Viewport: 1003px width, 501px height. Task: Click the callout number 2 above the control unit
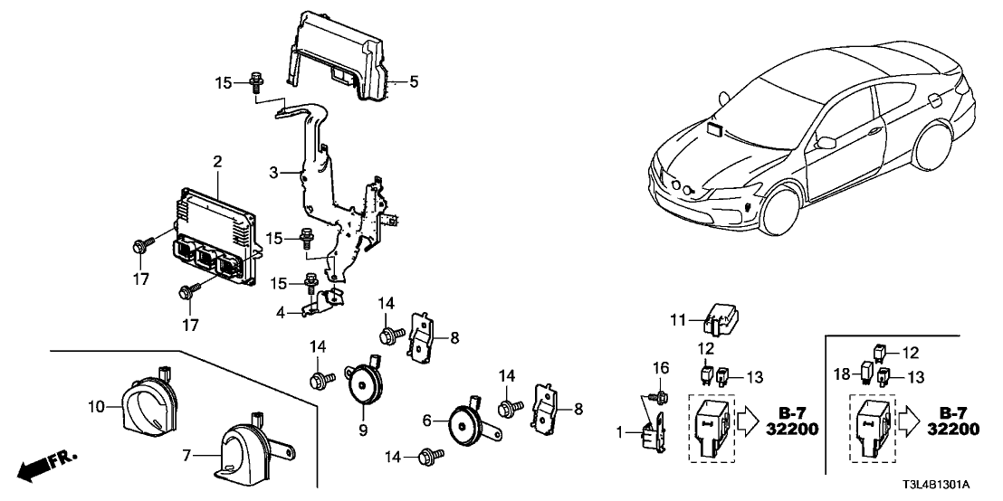coord(217,162)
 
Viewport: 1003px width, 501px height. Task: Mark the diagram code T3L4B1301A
coord(946,485)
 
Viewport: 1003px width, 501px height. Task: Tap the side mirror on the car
coord(825,142)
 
